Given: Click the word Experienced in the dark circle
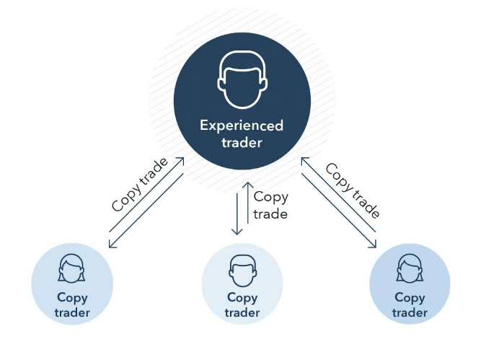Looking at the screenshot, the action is (x=242, y=126).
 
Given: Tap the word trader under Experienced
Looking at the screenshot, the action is (x=242, y=143).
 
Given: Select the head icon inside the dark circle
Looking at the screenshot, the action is (x=242, y=80).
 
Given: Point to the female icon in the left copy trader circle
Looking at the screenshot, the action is (x=71, y=268).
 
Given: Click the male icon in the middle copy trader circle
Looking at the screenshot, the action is (x=243, y=271).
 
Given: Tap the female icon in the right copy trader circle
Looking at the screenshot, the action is (x=410, y=268).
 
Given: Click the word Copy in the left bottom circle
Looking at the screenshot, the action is (x=72, y=297).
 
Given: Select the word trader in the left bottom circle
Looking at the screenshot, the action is (x=72, y=312).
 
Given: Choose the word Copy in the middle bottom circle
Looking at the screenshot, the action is (x=242, y=297).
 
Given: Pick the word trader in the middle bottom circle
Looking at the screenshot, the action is (x=242, y=312).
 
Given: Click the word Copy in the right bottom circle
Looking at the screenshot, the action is (x=410, y=297).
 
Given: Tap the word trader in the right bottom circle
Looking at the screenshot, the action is (x=410, y=312).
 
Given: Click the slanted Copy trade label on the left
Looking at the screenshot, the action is (x=140, y=185).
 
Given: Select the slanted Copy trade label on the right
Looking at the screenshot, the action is (x=353, y=190).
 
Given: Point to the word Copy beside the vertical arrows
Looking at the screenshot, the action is (x=270, y=197).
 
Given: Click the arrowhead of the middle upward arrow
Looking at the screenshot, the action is (x=248, y=185).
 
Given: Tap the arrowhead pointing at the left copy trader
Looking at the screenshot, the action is (x=112, y=245).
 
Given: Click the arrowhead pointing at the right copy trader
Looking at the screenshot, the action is (x=373, y=245).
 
